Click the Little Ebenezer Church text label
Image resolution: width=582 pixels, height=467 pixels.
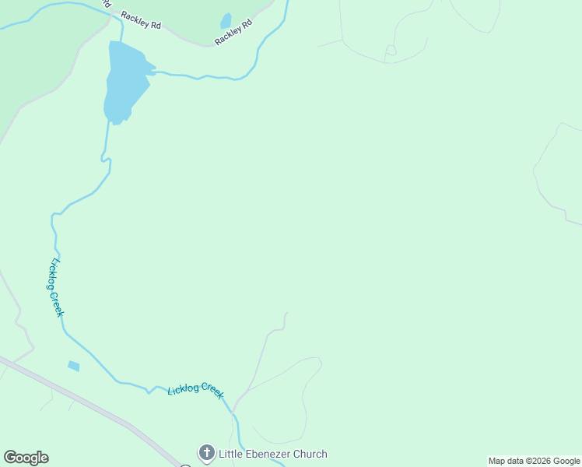click(273, 454)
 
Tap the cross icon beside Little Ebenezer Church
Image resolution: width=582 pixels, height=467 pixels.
click(206, 453)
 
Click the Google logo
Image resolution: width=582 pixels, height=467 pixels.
click(26, 458)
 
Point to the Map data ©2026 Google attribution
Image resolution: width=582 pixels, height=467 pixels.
click(534, 461)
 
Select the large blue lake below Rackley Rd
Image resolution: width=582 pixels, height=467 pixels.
click(124, 82)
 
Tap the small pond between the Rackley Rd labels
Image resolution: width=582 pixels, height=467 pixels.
click(226, 21)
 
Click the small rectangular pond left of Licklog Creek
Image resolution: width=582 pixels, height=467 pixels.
click(74, 366)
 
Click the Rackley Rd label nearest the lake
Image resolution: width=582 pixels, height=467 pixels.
click(141, 20)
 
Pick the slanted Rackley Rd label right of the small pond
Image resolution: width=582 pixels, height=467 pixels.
click(234, 32)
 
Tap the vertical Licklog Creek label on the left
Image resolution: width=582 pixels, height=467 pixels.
click(56, 287)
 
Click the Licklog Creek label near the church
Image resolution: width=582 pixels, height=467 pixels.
click(195, 389)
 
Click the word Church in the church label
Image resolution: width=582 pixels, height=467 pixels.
click(310, 454)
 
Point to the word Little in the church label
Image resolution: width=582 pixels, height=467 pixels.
click(232, 454)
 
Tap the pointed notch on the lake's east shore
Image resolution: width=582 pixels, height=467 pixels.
click(154, 68)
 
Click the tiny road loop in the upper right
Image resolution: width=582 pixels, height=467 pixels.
click(391, 51)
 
